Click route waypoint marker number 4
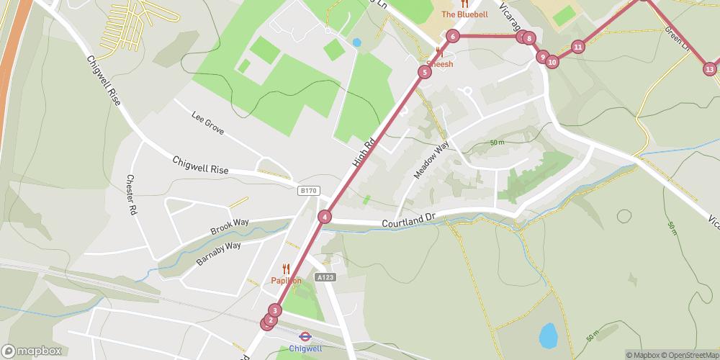click(325, 217)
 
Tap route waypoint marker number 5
click(425, 71)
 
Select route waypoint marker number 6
click(452, 36)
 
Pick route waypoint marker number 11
click(577, 48)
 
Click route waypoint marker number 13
click(710, 69)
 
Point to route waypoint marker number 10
click(552, 62)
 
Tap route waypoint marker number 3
click(275, 310)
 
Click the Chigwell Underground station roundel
click(305, 336)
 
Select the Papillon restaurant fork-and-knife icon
click(286, 269)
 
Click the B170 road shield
click(308, 190)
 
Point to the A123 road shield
click(325, 276)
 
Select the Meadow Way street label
click(431, 160)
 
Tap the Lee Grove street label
click(208, 122)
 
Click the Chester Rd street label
click(131, 194)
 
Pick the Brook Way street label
click(229, 226)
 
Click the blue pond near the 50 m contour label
click(549, 334)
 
